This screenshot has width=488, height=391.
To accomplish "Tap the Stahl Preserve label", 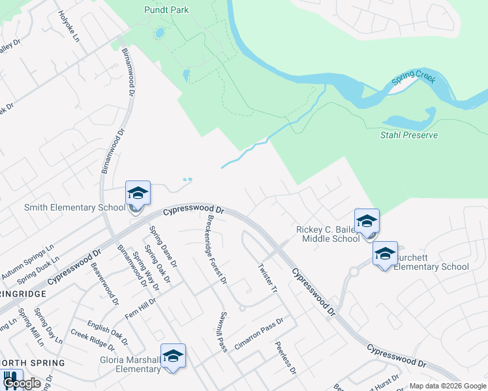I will click(409, 135).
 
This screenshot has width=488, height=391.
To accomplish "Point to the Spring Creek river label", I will click(413, 83).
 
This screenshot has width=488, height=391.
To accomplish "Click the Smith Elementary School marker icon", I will click(138, 194).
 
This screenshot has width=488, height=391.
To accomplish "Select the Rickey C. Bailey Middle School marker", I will click(367, 221).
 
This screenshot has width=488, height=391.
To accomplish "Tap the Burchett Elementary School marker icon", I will click(385, 253).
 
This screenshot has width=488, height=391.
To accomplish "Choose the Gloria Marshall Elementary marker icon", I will click(173, 356).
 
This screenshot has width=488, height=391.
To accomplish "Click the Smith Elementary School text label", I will click(74, 208).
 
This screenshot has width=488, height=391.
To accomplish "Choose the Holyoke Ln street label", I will click(69, 27).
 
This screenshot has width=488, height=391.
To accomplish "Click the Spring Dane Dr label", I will click(162, 247).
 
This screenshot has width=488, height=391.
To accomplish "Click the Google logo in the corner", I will click(22, 384).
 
